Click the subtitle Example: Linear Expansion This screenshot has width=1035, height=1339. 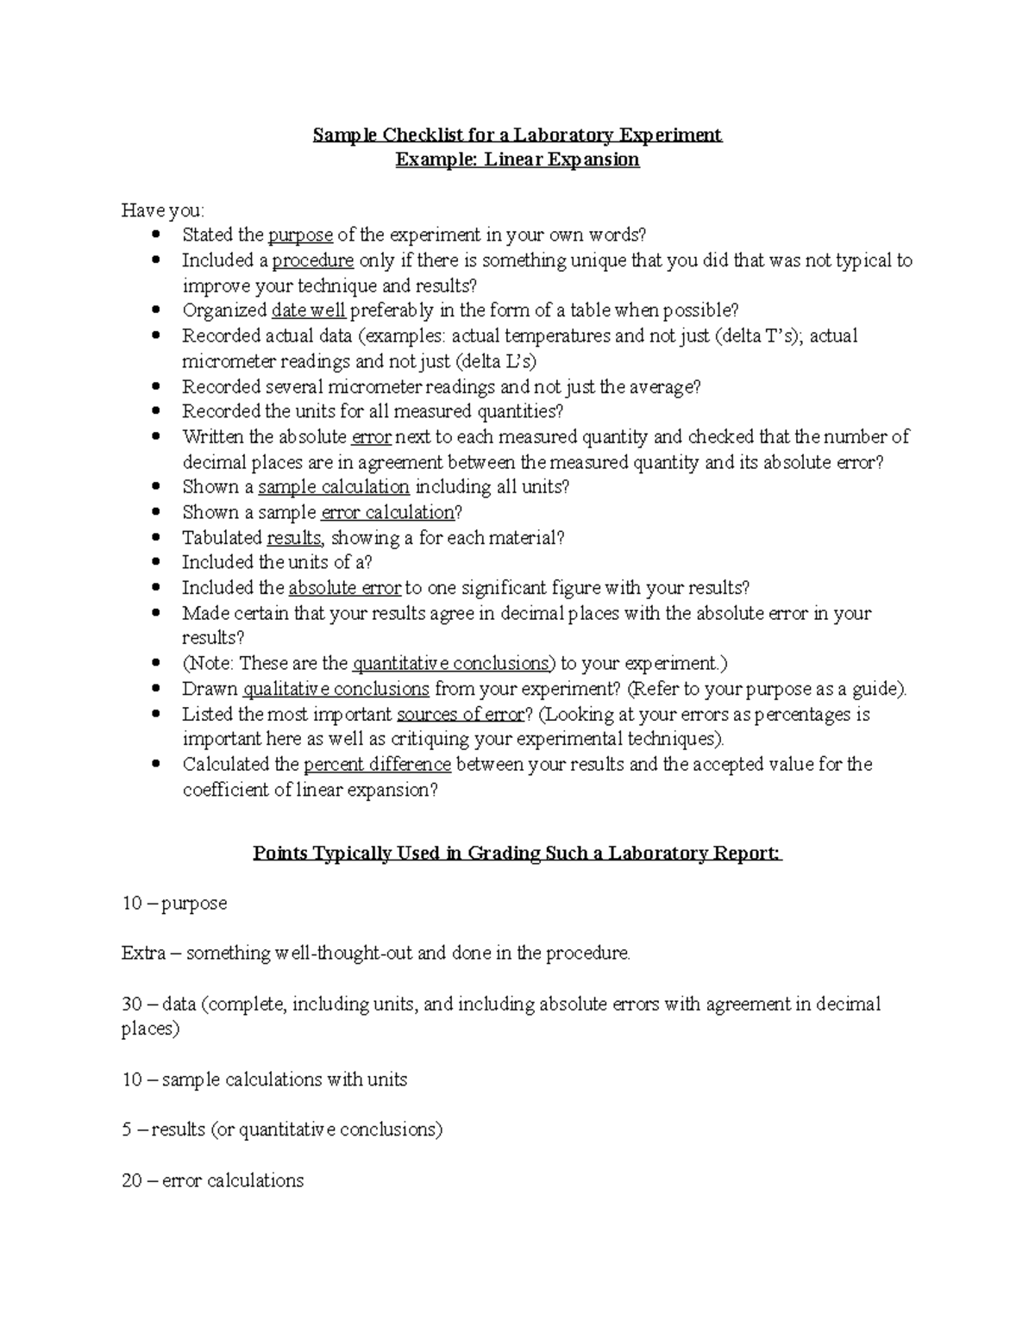(517, 160)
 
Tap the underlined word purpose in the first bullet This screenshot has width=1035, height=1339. (300, 235)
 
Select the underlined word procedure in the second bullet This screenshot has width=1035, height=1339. (312, 260)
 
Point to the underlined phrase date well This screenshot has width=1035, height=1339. (308, 310)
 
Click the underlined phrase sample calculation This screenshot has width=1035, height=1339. (333, 487)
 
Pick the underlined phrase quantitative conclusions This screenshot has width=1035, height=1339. (451, 664)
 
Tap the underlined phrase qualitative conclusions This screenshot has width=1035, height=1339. (336, 689)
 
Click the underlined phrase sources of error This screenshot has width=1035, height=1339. (460, 714)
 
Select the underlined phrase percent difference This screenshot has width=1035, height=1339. (377, 765)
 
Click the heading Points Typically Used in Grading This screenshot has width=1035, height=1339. (517, 854)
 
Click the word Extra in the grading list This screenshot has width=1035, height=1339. (142, 954)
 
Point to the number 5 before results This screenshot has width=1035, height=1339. (126, 1129)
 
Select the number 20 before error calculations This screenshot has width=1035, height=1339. (132, 1180)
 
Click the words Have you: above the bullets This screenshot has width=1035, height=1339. (163, 210)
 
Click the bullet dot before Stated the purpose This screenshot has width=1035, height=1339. (155, 235)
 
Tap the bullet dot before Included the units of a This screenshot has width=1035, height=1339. (155, 563)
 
